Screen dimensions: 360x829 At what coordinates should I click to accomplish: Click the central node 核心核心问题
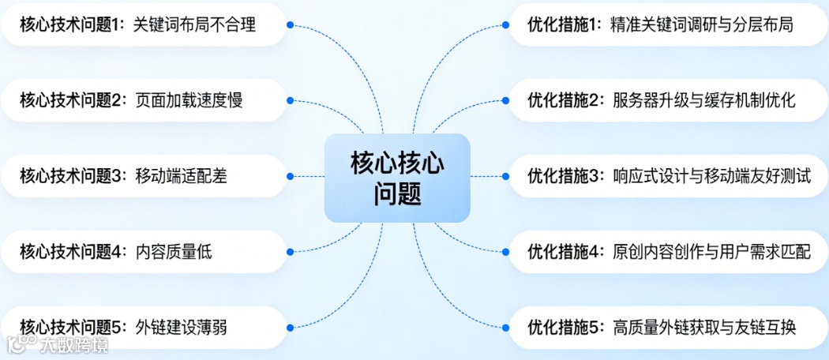click(x=397, y=178)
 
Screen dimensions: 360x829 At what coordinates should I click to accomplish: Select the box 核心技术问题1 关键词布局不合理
click(x=142, y=24)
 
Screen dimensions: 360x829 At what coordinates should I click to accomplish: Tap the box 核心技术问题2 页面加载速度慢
click(x=142, y=100)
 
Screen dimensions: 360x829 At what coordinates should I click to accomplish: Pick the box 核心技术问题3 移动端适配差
click(x=142, y=176)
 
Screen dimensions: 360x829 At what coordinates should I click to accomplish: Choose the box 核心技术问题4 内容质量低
click(x=142, y=252)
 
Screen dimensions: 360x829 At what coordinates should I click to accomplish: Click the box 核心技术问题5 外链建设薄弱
click(x=142, y=327)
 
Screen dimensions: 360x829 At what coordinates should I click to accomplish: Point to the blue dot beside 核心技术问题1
click(x=290, y=24)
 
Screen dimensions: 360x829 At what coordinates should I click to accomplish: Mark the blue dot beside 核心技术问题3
click(x=290, y=176)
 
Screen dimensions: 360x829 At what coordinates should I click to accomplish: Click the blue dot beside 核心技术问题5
click(x=290, y=327)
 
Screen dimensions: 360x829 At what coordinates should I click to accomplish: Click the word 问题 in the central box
click(x=397, y=194)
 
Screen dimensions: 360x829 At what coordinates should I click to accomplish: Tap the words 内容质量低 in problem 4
click(x=174, y=252)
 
